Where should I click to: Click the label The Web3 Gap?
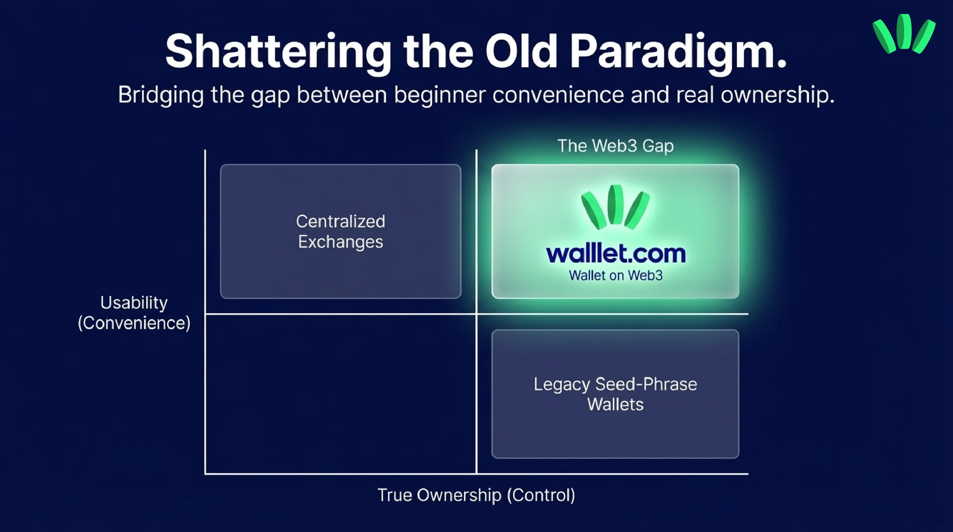click(615, 146)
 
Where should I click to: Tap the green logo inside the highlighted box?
click(615, 207)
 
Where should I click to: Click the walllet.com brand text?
click(615, 254)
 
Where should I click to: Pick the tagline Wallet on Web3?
click(615, 276)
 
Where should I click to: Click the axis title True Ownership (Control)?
click(476, 495)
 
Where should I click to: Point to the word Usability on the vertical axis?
click(134, 303)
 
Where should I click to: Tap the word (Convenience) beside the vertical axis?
click(134, 323)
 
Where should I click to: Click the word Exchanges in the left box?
click(340, 242)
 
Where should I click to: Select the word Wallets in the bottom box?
click(615, 404)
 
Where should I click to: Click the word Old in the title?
click(521, 52)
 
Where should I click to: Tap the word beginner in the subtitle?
click(439, 95)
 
